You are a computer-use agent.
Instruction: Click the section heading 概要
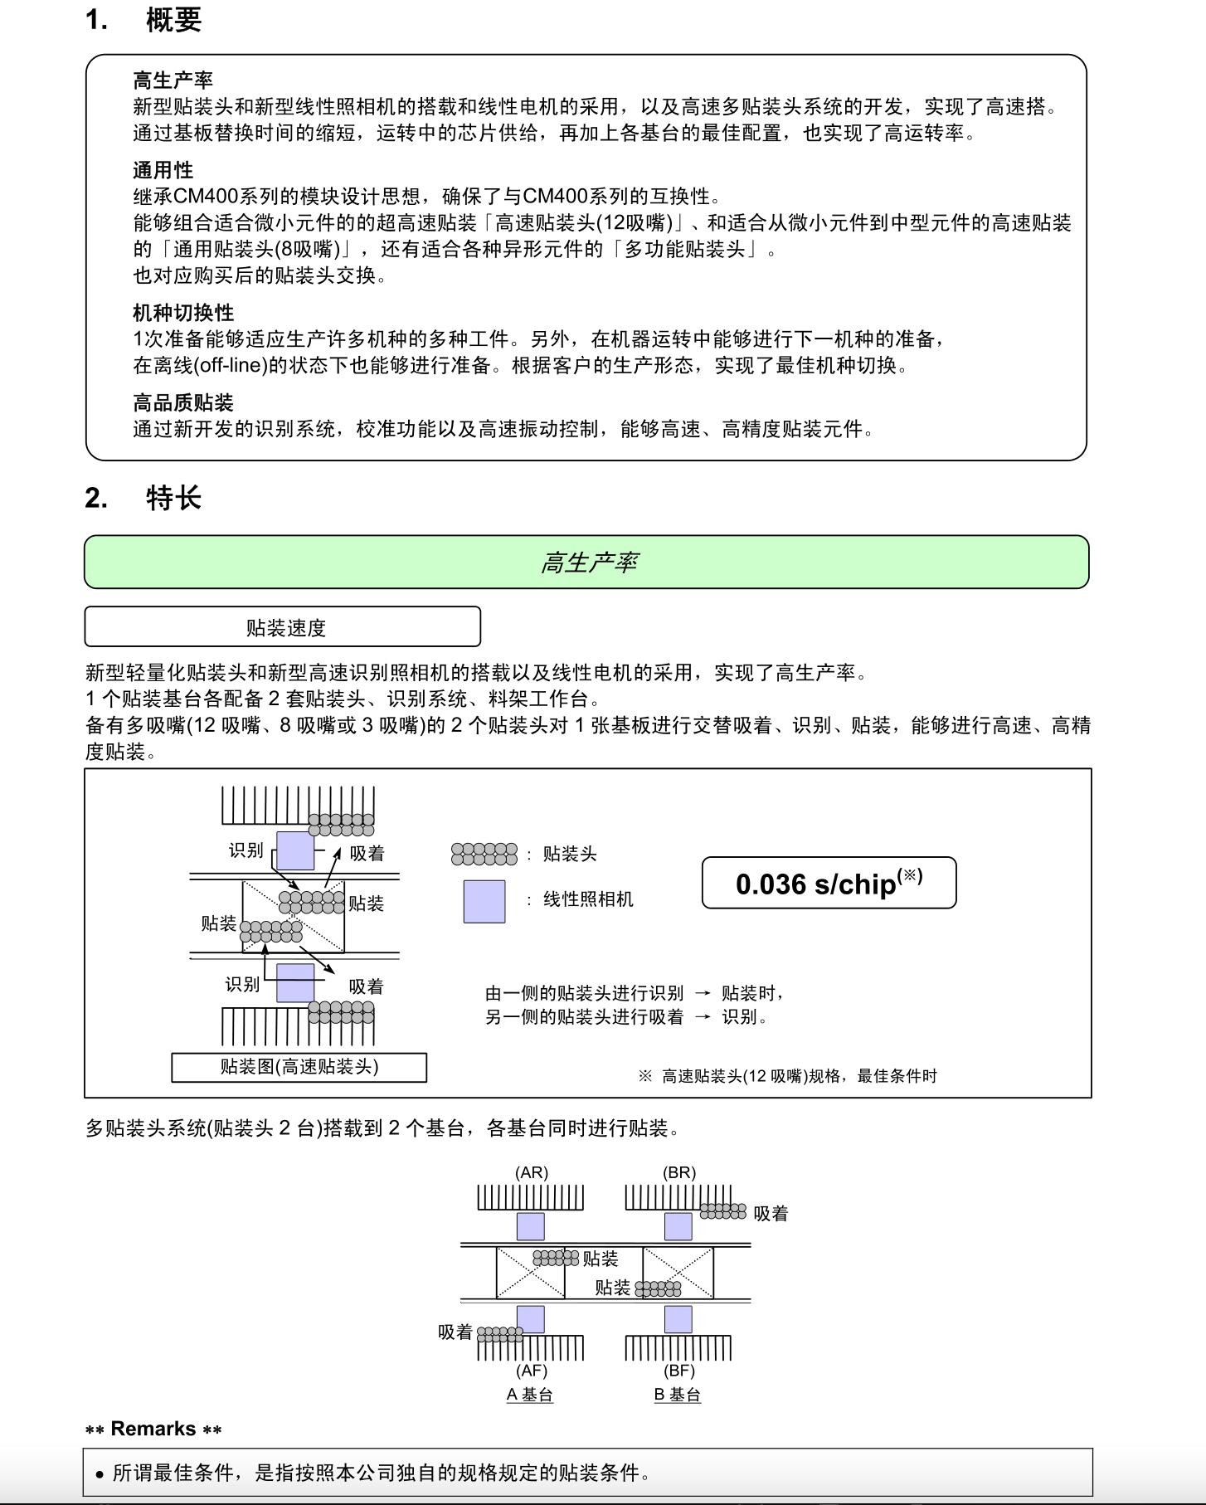click(x=173, y=20)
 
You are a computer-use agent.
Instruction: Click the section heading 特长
click(x=173, y=498)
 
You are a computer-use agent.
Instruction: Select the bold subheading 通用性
click(x=163, y=170)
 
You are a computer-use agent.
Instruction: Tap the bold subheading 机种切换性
click(x=183, y=313)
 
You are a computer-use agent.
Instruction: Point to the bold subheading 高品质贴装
click(x=183, y=403)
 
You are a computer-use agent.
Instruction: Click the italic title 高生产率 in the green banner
click(x=588, y=563)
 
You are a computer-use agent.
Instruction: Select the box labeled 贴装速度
click(x=283, y=627)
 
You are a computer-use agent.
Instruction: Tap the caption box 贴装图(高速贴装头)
click(x=299, y=1067)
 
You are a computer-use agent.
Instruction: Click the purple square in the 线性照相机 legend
click(x=484, y=901)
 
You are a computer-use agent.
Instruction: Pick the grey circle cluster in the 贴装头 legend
click(x=484, y=854)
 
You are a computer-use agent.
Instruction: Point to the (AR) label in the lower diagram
click(x=532, y=1172)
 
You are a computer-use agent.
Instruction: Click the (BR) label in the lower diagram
click(x=679, y=1172)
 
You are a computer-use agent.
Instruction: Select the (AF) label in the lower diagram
click(x=532, y=1371)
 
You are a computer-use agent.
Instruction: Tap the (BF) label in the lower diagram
click(x=679, y=1371)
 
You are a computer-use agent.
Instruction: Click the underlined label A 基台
click(x=530, y=1395)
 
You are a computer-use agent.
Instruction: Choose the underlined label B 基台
click(x=678, y=1395)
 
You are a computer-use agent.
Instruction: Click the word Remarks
click(x=153, y=1429)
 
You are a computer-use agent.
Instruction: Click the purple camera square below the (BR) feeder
click(x=678, y=1226)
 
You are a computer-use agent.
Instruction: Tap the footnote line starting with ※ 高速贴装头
click(x=788, y=1076)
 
